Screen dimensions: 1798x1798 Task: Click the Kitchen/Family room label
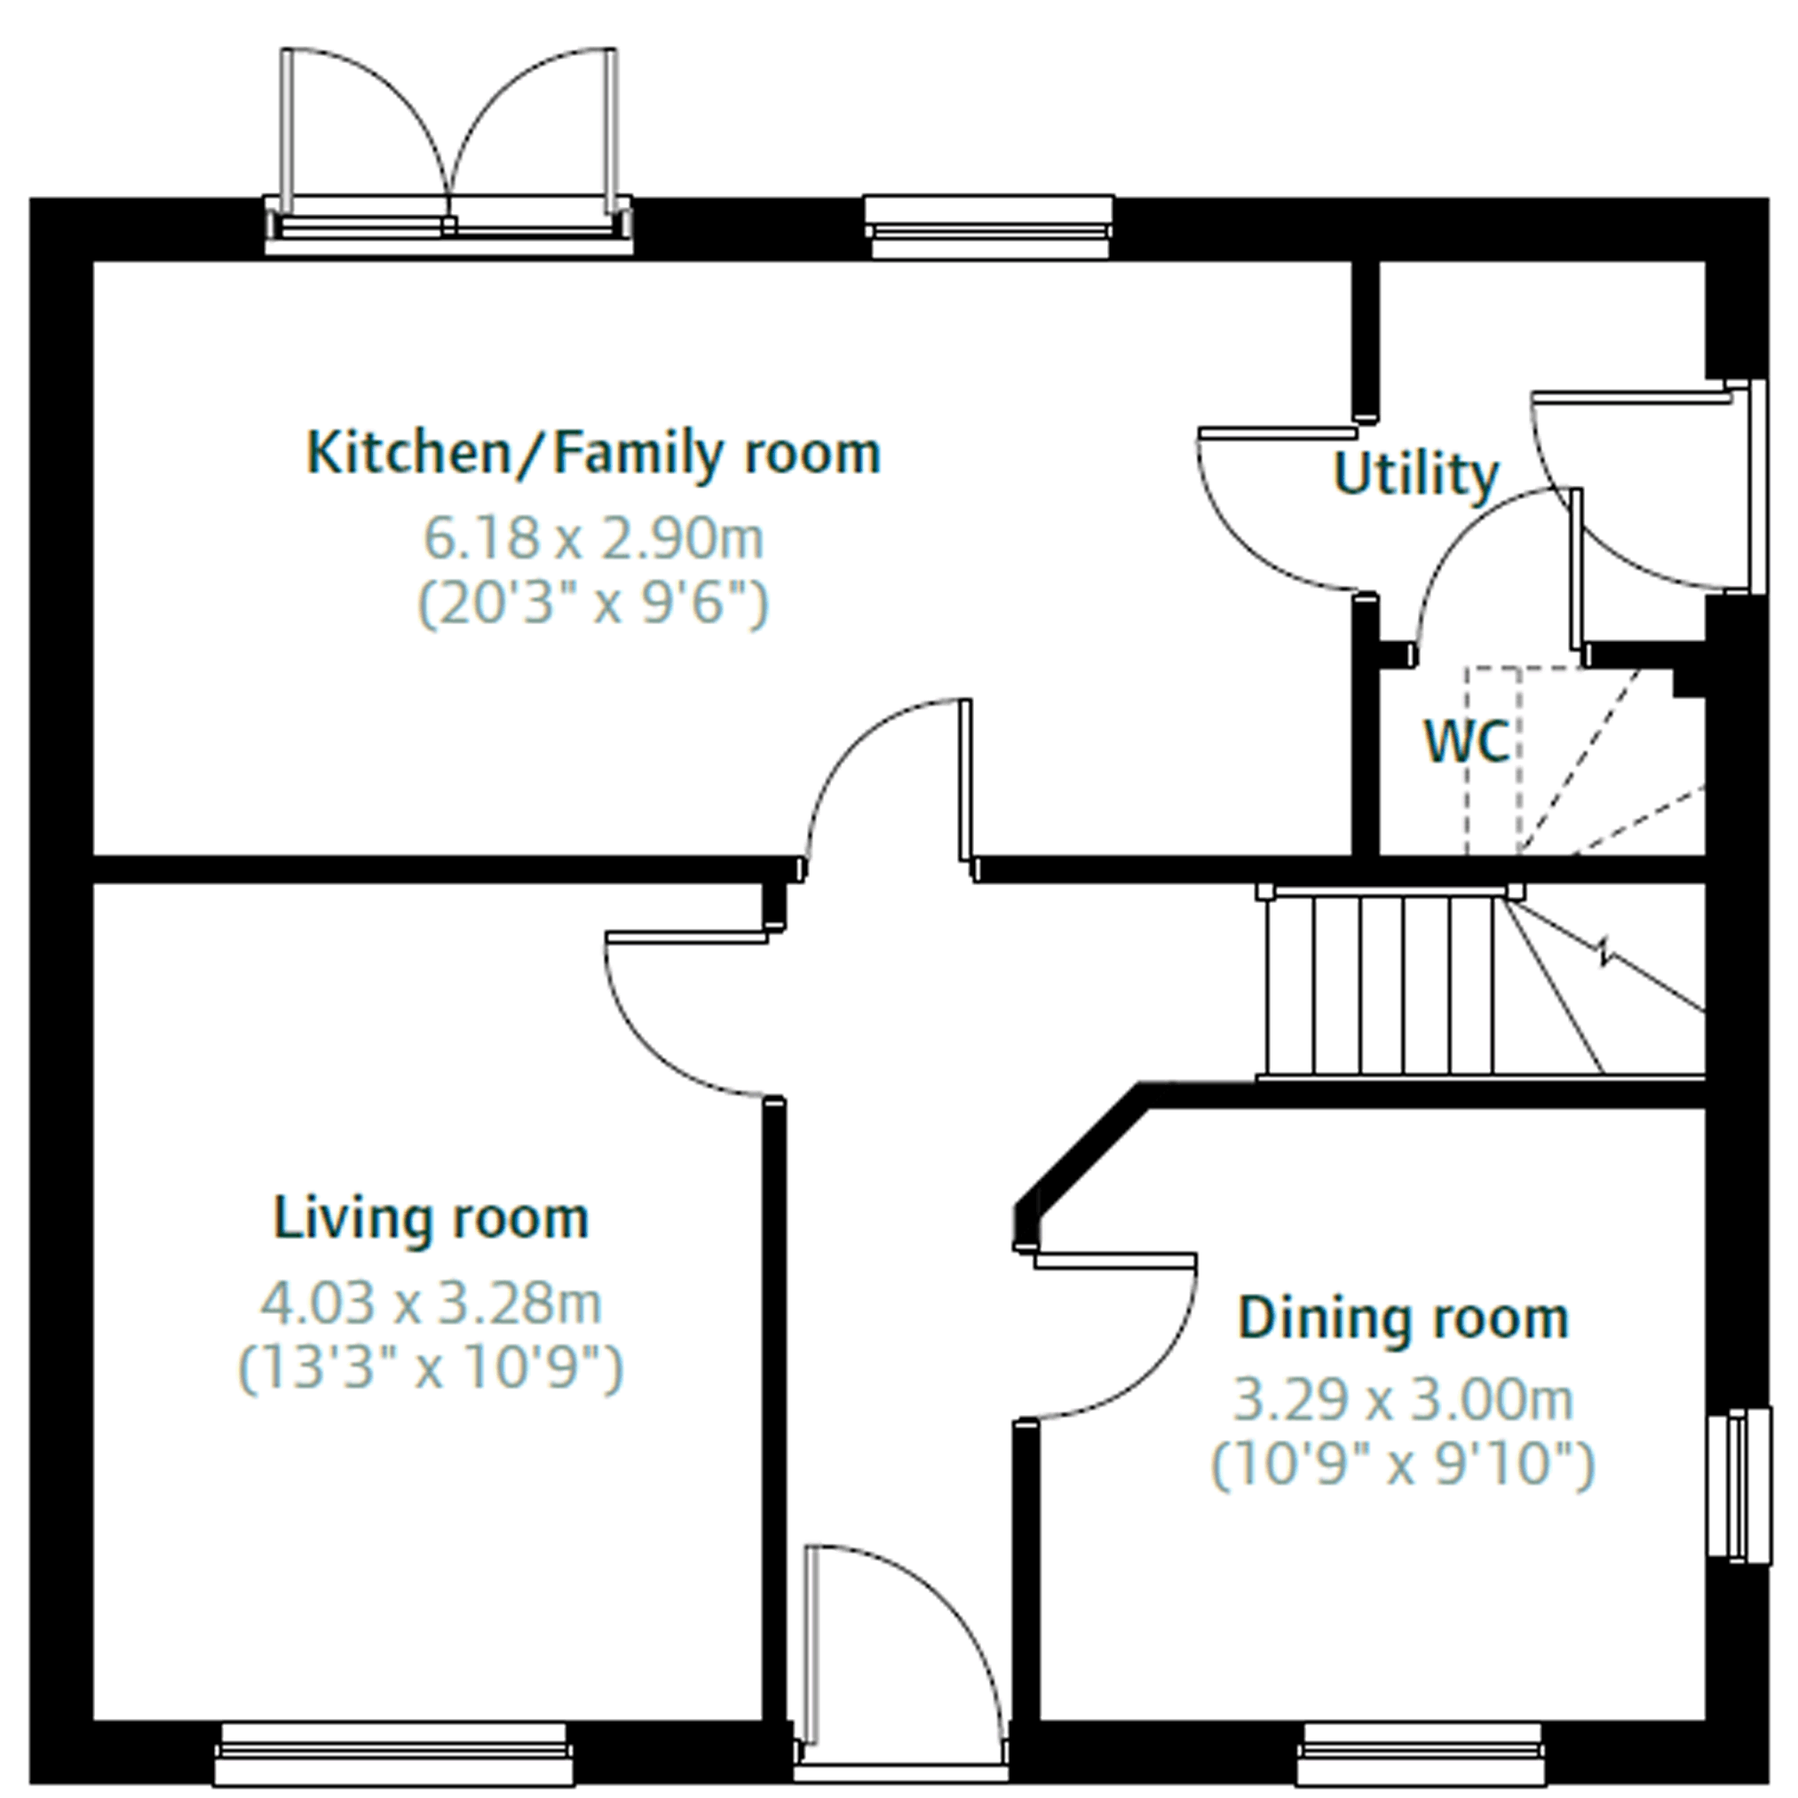594,453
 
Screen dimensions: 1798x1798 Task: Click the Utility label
1415,476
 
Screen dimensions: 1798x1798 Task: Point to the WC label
1467,742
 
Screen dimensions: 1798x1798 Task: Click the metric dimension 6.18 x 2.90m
594,538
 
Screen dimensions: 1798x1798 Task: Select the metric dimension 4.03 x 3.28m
431,1303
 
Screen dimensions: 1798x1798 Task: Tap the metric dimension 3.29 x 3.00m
1404,1399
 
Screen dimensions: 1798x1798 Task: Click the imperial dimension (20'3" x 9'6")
594,604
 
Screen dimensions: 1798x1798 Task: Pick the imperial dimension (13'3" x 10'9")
431,1368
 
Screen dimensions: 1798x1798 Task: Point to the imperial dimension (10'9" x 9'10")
1404,1465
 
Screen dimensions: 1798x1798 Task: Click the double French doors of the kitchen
448,149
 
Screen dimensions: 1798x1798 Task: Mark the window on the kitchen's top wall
989,226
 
